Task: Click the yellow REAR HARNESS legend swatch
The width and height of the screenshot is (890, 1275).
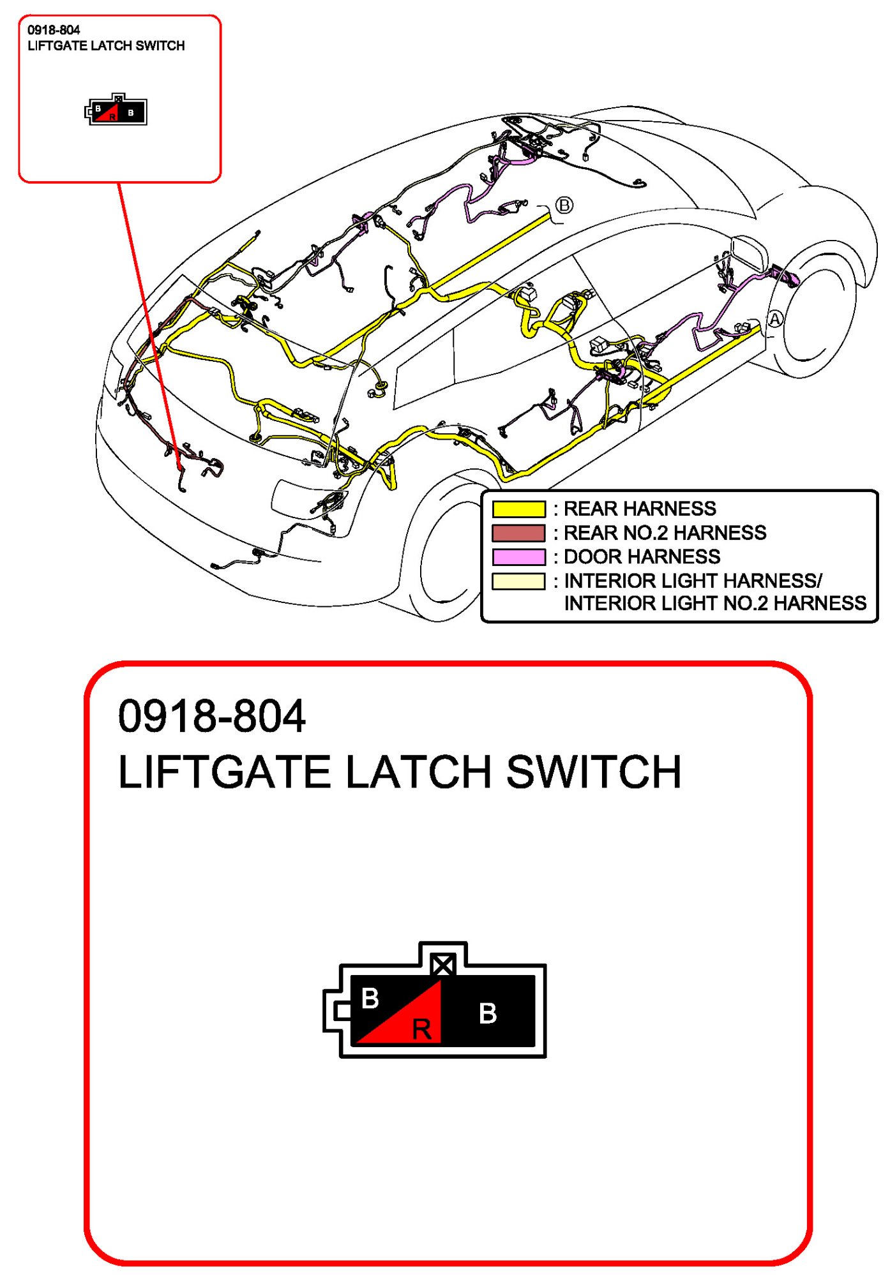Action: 518,509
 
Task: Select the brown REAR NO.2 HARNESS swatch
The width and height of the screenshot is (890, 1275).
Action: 518,533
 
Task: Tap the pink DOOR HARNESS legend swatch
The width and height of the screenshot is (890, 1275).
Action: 518,557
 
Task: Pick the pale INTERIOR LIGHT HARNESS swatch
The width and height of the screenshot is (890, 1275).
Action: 518,581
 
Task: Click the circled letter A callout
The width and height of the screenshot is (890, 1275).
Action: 774,319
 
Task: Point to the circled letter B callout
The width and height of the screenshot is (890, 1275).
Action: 564,205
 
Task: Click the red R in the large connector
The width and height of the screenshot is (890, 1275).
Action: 421,1029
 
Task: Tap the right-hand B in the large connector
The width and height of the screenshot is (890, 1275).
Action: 488,1013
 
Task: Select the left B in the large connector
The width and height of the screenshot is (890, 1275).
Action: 370,999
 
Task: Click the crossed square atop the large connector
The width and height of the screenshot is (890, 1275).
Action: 442,964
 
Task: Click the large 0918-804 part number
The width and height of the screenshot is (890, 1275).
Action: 212,716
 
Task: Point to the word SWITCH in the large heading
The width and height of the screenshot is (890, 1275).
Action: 594,772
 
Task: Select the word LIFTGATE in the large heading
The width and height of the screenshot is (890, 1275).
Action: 224,772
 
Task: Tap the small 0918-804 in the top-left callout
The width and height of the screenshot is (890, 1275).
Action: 54,30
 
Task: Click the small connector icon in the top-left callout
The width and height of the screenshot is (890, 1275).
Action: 116,110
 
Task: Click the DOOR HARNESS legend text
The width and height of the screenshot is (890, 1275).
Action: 642,557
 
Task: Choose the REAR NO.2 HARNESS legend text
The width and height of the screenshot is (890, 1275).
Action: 665,533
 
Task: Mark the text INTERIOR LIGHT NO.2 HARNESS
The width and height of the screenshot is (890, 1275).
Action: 715,604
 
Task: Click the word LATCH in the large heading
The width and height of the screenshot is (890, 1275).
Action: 418,772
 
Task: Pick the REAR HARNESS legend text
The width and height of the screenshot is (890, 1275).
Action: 640,509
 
